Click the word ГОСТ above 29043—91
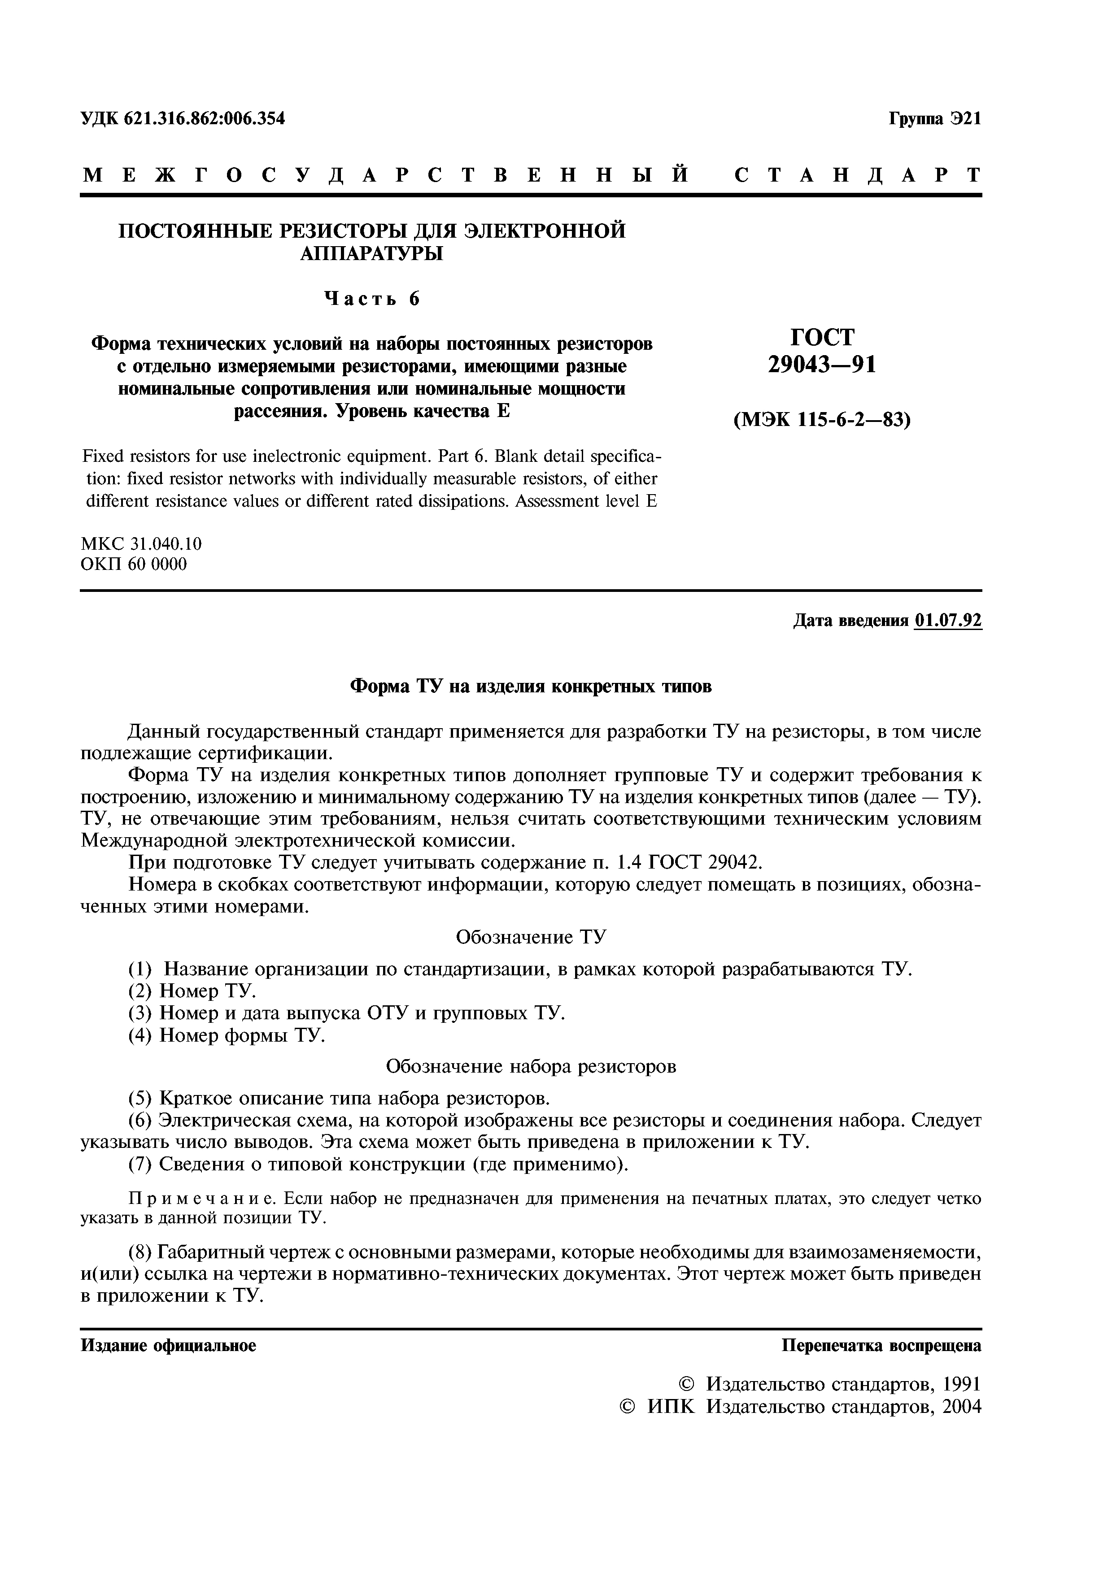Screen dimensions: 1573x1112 (x=822, y=337)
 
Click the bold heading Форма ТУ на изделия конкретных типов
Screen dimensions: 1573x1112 (x=531, y=687)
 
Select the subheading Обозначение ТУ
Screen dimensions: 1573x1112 (x=531, y=937)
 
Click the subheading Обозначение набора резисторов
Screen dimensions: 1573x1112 (x=531, y=1067)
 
